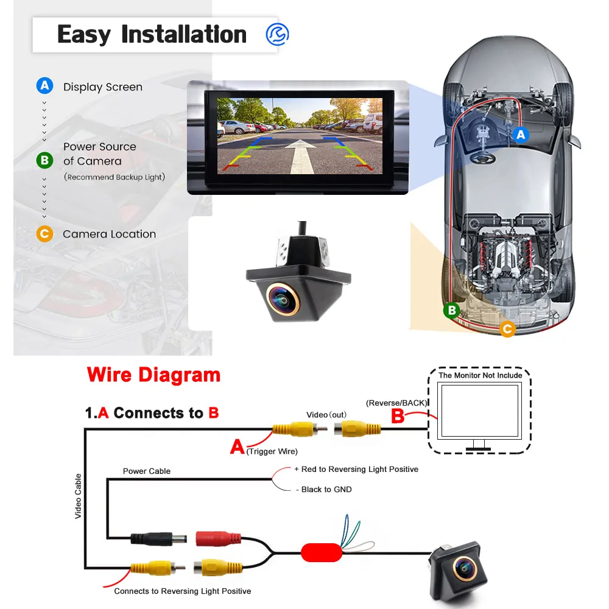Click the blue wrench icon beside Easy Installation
point(277,34)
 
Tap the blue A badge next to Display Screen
point(44,85)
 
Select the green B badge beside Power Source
point(44,160)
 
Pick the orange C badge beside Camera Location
point(44,234)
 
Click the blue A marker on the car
point(521,135)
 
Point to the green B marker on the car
point(452,311)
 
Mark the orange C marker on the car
point(507,329)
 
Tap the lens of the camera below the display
point(283,300)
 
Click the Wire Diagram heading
point(154,375)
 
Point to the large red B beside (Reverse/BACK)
point(397,416)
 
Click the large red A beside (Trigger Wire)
point(238,446)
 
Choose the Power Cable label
point(146,471)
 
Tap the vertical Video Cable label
point(78,496)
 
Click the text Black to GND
point(326,490)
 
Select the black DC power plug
point(158,539)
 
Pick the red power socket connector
point(218,539)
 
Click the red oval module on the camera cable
point(321,552)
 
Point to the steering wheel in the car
point(482,158)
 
